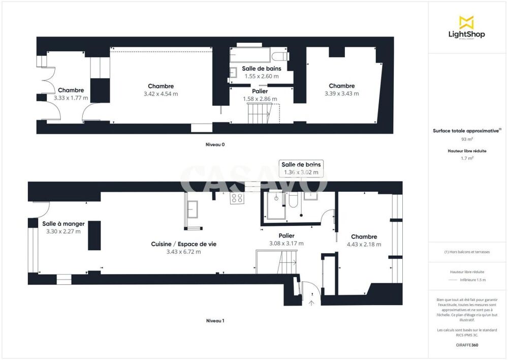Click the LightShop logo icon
click(467, 22)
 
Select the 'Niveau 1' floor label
click(215, 321)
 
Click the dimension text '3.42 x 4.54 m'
click(161, 94)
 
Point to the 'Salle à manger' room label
click(63, 224)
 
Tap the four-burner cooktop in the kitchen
click(237, 198)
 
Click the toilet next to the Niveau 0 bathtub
click(280, 55)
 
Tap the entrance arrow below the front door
click(311, 303)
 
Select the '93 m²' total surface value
click(466, 139)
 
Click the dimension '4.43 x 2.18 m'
click(364, 244)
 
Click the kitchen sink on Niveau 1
click(194, 208)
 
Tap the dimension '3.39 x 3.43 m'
click(341, 94)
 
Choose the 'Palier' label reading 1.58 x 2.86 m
click(260, 92)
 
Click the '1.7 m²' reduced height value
click(466, 158)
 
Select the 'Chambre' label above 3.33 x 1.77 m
click(71, 91)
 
